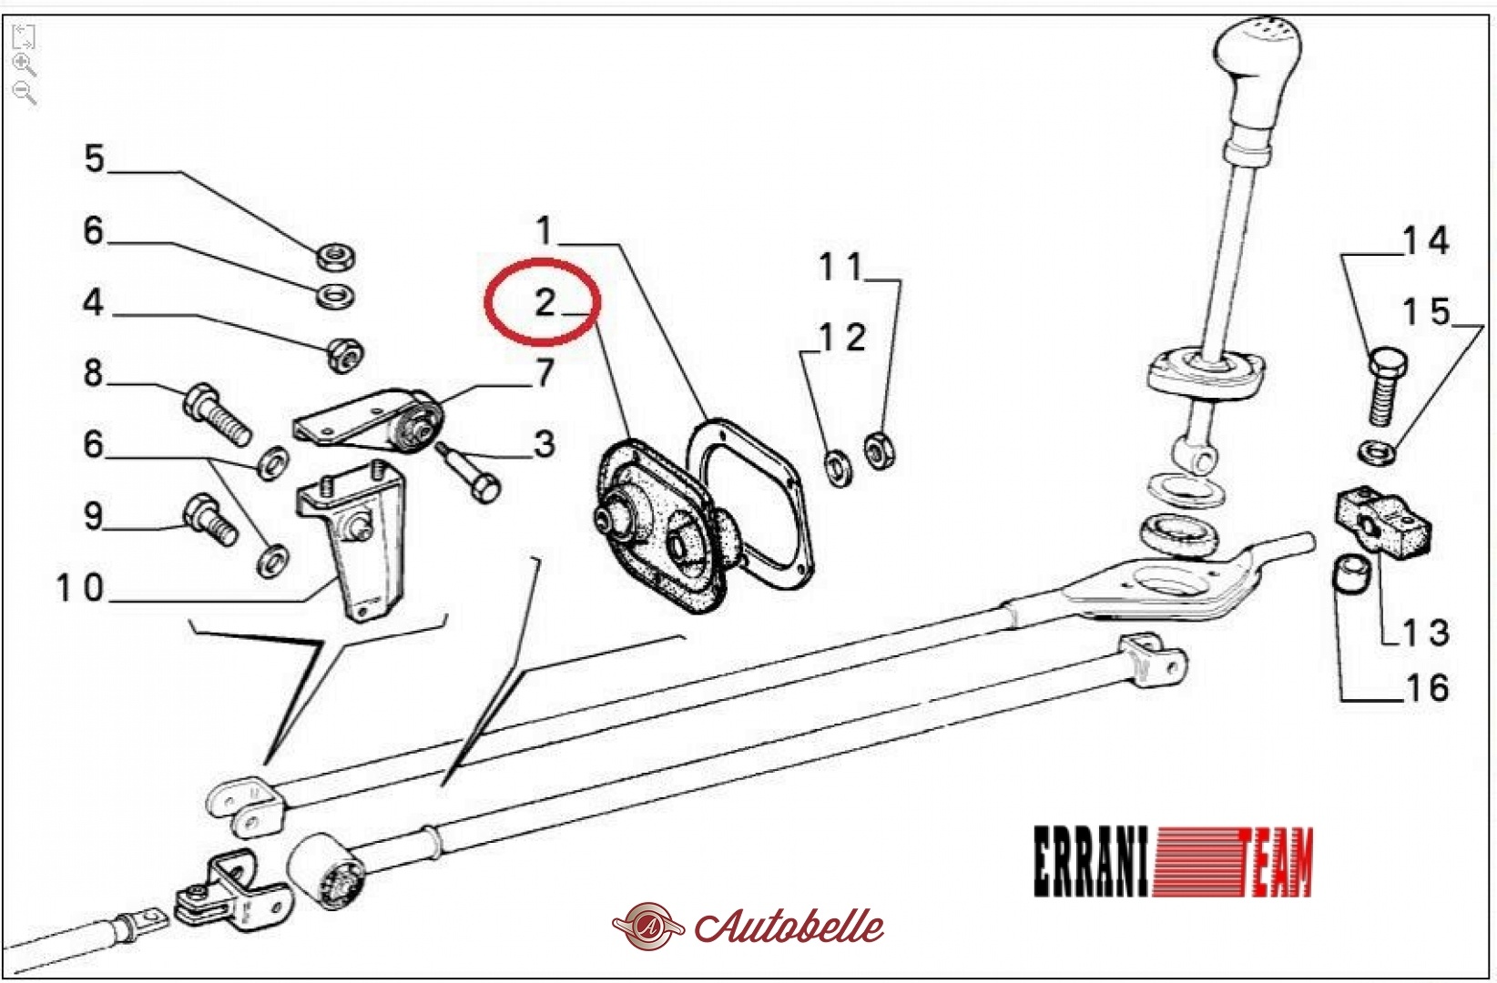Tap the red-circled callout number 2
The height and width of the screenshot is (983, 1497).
545,302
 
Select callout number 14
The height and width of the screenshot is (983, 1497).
1425,240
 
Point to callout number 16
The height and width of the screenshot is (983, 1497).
1428,688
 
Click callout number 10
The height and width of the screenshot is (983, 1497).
80,588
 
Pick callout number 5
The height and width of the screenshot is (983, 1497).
94,159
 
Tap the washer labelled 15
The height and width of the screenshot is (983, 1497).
1378,453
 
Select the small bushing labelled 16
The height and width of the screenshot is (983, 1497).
1350,573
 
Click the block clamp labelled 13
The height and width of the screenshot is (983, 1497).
1383,521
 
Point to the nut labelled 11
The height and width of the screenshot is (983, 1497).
879,451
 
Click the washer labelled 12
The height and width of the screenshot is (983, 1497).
838,468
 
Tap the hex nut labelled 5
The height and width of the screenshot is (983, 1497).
335,257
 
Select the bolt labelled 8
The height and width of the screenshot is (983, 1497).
217,414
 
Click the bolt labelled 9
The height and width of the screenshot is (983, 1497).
209,520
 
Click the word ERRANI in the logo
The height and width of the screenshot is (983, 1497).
1091,861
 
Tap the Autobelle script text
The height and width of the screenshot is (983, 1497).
789,927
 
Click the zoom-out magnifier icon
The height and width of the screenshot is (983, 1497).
24,93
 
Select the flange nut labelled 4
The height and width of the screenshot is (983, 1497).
345,355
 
